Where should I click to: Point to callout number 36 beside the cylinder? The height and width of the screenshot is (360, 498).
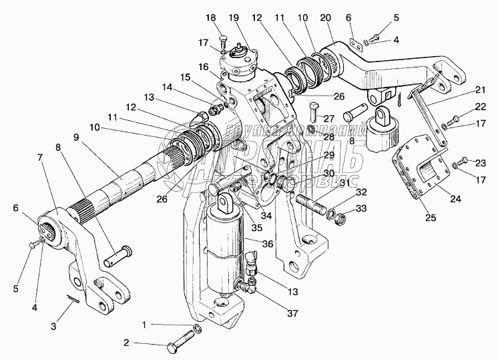[268, 244]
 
